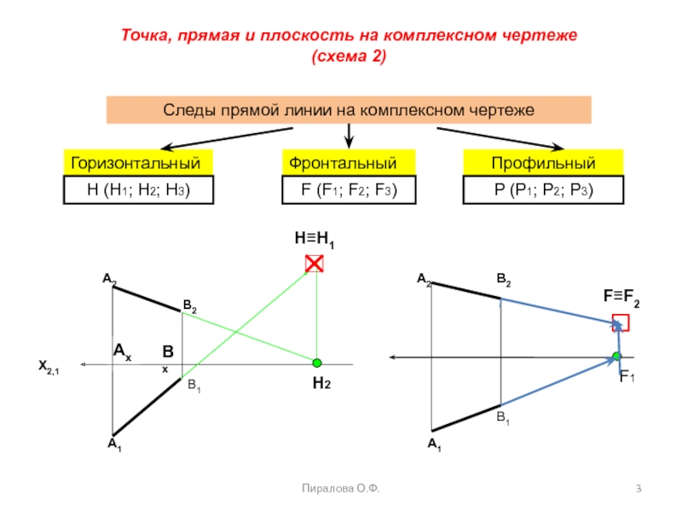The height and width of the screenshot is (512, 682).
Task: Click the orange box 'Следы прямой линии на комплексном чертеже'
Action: [x=348, y=111]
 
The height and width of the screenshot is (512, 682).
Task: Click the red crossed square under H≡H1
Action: [x=315, y=264]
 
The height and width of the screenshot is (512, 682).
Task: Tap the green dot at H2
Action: [x=317, y=363]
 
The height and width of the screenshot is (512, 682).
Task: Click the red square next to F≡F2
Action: [x=621, y=322]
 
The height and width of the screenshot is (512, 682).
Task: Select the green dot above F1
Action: [x=617, y=356]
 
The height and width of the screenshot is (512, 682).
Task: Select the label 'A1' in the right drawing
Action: [x=434, y=445]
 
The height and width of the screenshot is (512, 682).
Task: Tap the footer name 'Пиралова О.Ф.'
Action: [x=341, y=488]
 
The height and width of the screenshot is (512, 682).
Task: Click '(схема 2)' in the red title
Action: [x=350, y=57]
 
